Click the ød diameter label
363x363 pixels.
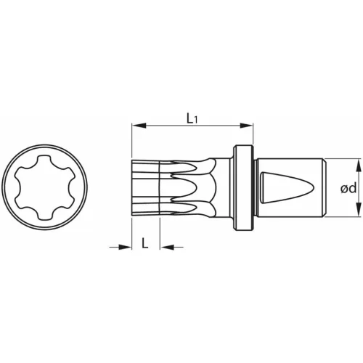coord(346,189)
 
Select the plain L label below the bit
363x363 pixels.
coord(146,244)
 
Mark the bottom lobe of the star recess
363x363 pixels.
coord(45,216)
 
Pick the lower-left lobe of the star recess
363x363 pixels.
coord(22,203)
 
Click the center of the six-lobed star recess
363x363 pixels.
coord(45,189)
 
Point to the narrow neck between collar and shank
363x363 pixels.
coord(255,189)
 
